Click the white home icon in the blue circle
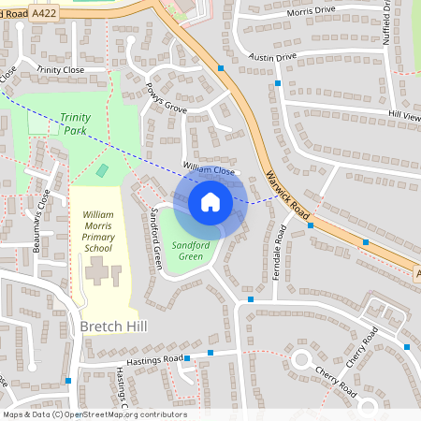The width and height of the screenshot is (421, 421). (x=210, y=202)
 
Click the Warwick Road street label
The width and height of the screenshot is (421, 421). (x=287, y=191)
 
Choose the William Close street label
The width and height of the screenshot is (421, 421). (x=208, y=168)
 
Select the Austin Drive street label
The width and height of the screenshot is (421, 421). (x=272, y=57)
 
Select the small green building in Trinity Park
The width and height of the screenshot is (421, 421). (x=102, y=170)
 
